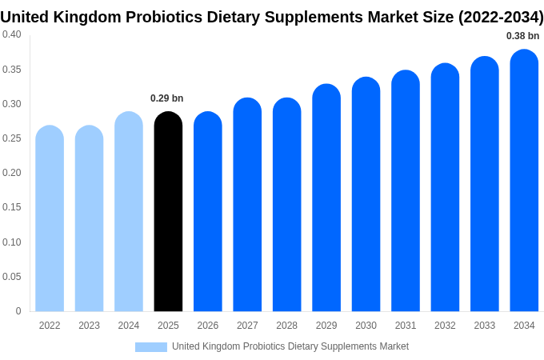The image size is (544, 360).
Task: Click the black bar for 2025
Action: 168,212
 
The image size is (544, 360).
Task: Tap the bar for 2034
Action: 524,181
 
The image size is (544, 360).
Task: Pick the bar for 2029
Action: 326,198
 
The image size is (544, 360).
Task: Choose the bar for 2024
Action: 129,212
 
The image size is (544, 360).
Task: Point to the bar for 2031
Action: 406,191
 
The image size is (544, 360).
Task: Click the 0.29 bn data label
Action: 166,98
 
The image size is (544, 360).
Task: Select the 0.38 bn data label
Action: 522,36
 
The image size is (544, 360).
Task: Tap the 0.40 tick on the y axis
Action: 12,34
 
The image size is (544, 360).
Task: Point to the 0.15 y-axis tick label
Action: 12,207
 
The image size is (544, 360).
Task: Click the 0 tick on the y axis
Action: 18,311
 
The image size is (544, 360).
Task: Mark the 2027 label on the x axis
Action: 247,326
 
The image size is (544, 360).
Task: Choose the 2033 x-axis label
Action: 485,326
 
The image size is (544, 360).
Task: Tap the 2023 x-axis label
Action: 89,326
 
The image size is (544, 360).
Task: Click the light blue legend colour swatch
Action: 151,346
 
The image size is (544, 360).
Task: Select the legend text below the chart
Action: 290,346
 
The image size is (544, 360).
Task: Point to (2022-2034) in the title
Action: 500,17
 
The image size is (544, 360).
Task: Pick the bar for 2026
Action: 208,212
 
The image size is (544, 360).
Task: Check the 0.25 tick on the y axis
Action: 12,138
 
